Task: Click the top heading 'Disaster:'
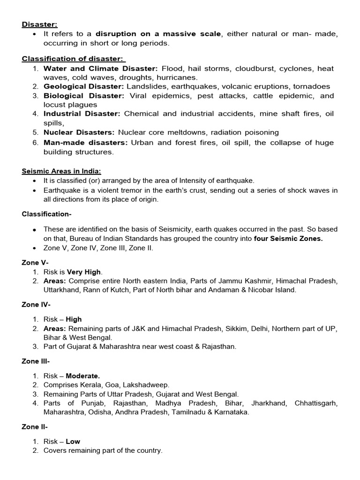(x=39, y=25)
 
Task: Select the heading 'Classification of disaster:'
(x=74, y=59)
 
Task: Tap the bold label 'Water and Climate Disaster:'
(x=100, y=68)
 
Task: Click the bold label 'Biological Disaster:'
(x=84, y=96)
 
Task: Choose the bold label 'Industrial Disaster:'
(x=82, y=114)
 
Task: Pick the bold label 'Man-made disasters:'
(x=85, y=143)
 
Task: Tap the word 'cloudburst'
(x=255, y=68)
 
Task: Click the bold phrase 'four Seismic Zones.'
(x=288, y=239)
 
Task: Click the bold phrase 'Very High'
(x=84, y=272)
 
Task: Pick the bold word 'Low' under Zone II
(x=73, y=442)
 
